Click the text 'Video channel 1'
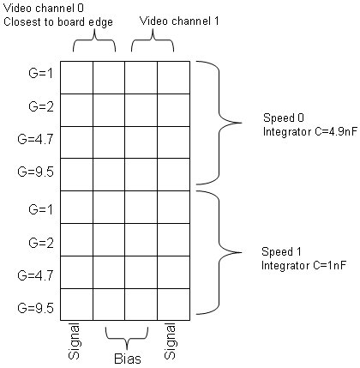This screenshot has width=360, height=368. pos(179,21)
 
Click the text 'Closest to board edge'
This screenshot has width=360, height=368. pos(58,22)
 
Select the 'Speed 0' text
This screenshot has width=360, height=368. pos(284,118)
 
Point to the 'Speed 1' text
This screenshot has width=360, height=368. pos(281,252)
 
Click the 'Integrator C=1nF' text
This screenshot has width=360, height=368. pos(303,265)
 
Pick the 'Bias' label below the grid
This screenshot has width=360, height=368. pos(128,359)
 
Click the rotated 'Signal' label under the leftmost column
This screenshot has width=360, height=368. pos(75,341)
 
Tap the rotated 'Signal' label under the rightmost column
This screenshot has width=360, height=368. pos(171,341)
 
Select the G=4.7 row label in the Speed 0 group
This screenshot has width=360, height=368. pos(35,139)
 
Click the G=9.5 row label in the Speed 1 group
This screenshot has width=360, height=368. pos(35,308)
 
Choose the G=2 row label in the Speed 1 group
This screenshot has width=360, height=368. pos(41,243)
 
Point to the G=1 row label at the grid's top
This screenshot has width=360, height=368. pos(41,74)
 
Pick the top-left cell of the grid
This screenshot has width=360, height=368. pos(76,77)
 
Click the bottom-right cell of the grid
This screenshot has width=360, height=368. pos(174,305)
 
